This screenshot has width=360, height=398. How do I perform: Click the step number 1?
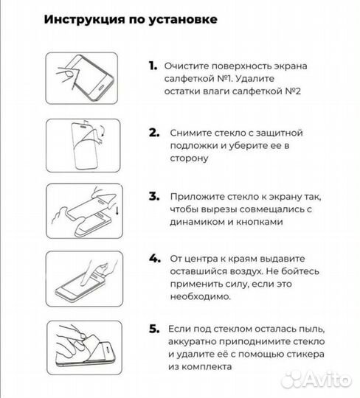click(153, 66)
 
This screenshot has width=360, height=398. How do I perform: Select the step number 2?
click(154, 133)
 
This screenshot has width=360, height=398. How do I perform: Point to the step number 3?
click(154, 197)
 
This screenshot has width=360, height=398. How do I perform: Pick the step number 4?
click(154, 259)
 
